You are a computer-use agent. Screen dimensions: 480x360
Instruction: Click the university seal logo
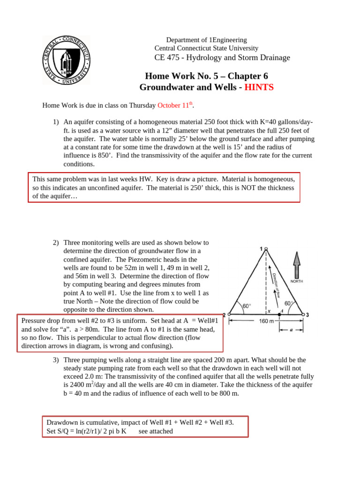[x=66, y=60]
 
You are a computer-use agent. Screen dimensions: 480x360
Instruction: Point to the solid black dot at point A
[x=279, y=314]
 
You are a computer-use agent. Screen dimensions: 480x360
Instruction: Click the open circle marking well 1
[x=266, y=249]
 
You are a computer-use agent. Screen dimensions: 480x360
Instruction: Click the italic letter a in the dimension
[x=291, y=329]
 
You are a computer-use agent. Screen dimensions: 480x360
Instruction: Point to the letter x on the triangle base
[x=269, y=311]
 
